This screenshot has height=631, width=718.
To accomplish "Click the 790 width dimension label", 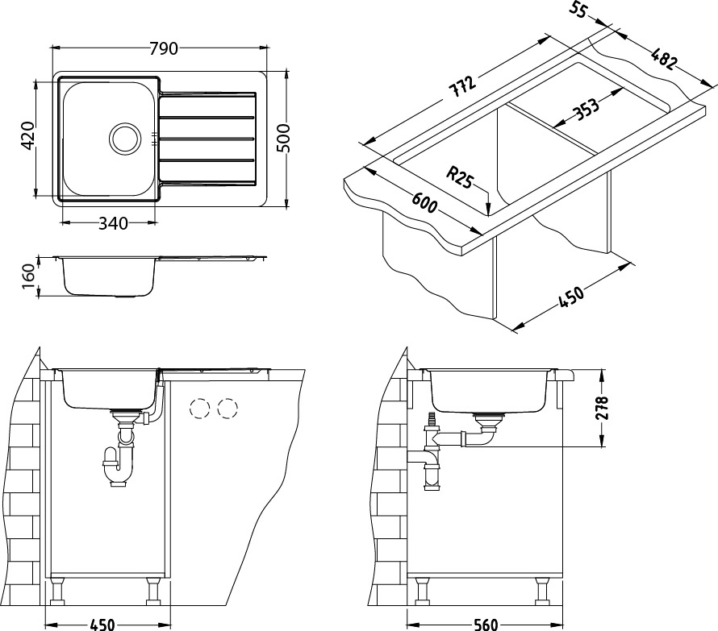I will tap(164, 49).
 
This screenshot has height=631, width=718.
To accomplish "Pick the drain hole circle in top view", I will tap(125, 139).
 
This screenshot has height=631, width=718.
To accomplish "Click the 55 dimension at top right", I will tap(578, 10).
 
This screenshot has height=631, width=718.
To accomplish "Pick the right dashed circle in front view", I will tap(228, 409).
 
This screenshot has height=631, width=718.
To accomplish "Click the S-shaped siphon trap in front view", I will tap(118, 463).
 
